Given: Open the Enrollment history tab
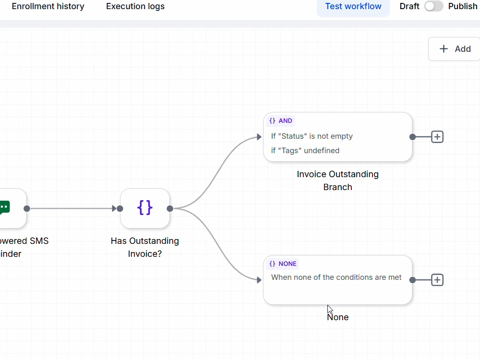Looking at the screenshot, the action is tap(48, 6).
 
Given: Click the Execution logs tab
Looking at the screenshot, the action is tap(135, 6).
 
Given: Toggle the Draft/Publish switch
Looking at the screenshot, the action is tap(433, 6).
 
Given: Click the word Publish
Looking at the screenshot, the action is tap(463, 6).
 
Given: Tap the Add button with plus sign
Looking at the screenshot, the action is tap(455, 49).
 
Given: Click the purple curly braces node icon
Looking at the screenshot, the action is tap(145, 208).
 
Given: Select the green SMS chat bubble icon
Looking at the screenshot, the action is tap(5, 208).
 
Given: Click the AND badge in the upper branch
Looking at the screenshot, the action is tap(281, 120).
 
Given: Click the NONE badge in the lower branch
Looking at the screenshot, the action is tap(283, 264).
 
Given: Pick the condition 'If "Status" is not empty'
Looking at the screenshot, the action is tap(312, 136).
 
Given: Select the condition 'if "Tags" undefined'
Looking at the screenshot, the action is tap(305, 151).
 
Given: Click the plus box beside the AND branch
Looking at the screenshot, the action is tap(437, 137).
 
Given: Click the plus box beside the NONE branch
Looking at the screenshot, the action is tap(437, 280).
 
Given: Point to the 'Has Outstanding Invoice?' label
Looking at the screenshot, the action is tap(145, 247).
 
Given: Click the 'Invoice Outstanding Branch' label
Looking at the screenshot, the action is tap(337, 180).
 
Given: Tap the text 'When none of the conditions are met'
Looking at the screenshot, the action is tap(336, 277).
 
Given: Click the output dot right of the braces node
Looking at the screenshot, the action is tap(170, 208).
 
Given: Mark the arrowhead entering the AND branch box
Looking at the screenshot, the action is tap(259, 137).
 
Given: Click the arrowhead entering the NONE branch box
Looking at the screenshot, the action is tap(259, 280).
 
